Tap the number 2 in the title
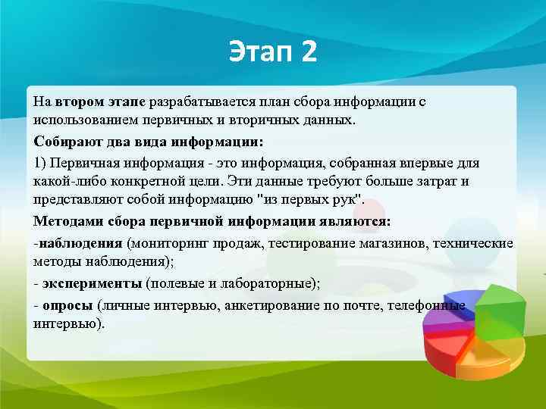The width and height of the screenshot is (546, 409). pos(309,53)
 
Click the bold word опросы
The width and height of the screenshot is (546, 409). pos(67,304)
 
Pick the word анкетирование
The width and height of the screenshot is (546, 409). pos(269,304)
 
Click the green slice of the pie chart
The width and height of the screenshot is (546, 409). pos(497,307)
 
